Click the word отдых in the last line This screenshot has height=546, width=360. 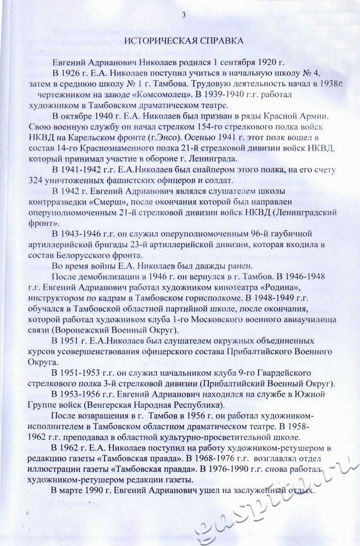(x=300, y=491)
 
